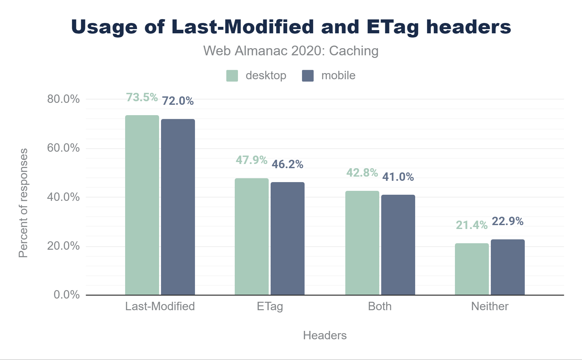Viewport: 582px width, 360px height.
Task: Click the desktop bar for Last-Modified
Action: tap(142, 205)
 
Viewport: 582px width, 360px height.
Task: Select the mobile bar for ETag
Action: tap(287, 239)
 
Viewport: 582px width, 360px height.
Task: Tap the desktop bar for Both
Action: tap(362, 243)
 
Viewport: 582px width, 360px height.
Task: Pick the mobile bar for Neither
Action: tap(508, 267)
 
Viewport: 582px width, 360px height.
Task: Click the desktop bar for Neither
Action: tap(472, 269)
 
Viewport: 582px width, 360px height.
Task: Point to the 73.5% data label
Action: tap(142, 97)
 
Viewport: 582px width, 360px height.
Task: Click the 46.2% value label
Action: tap(287, 164)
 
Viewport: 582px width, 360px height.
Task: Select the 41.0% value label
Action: tap(398, 177)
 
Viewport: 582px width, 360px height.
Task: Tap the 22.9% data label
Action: tap(508, 221)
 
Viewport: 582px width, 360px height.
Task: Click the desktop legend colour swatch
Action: tap(232, 76)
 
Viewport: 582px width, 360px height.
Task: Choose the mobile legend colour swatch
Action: tap(308, 76)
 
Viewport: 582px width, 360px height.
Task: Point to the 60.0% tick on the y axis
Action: tap(63, 148)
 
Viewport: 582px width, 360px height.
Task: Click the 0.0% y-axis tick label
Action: tap(67, 295)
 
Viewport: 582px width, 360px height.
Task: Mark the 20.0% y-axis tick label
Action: tap(63, 246)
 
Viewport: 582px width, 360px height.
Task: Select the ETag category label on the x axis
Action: tap(270, 306)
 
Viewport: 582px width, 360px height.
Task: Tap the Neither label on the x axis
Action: tap(490, 306)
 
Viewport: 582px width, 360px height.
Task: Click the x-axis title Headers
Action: tap(325, 335)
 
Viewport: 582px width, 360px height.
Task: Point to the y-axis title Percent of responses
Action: tap(23, 203)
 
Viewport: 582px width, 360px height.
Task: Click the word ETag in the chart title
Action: tap(393, 27)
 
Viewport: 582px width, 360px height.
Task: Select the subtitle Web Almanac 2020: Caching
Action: tap(291, 51)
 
